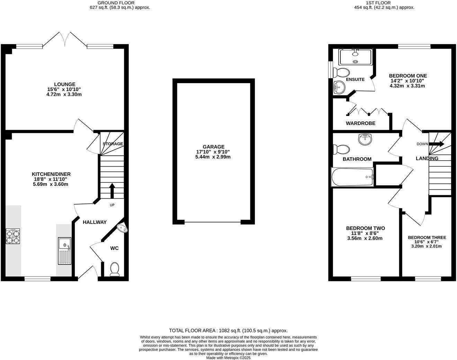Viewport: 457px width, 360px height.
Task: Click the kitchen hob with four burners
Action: point(13,237)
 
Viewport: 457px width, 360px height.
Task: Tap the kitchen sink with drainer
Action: point(65,251)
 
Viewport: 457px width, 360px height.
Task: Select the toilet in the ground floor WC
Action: point(114,269)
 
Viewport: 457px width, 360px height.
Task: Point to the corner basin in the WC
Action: point(122,228)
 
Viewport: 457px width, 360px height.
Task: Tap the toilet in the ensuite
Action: point(341,73)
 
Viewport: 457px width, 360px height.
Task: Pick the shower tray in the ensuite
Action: point(356,57)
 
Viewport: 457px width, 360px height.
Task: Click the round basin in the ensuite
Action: point(339,87)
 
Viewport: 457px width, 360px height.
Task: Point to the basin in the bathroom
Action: point(365,139)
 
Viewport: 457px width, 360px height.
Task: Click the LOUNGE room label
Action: point(64,84)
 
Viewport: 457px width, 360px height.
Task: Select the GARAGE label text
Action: point(214,147)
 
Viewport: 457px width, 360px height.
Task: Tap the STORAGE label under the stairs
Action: point(113,144)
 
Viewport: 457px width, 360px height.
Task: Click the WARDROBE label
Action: point(360,123)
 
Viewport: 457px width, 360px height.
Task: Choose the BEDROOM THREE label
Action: point(427,237)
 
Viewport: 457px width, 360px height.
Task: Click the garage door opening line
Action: point(213,222)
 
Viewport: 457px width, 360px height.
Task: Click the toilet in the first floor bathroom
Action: point(341,150)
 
